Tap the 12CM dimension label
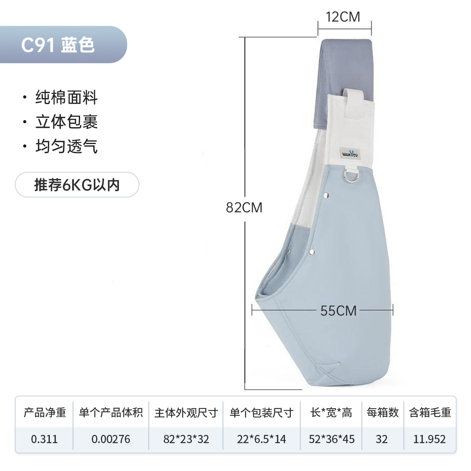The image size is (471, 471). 343,17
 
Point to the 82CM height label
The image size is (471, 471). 244,207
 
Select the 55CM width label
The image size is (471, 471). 338,310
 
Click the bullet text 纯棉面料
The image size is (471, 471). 66,97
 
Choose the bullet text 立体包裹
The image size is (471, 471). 66,122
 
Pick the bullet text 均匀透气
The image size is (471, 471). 66,146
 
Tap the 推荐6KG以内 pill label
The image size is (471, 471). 77,184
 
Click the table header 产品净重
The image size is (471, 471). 45,413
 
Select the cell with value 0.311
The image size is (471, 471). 44,439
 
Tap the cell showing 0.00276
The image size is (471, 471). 111,439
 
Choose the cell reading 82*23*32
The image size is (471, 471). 186,439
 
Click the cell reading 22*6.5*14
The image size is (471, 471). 261,439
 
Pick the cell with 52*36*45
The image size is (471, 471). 332,439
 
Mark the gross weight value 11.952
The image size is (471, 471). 429,439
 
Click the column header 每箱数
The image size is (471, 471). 382,413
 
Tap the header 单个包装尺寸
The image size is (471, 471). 261,413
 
